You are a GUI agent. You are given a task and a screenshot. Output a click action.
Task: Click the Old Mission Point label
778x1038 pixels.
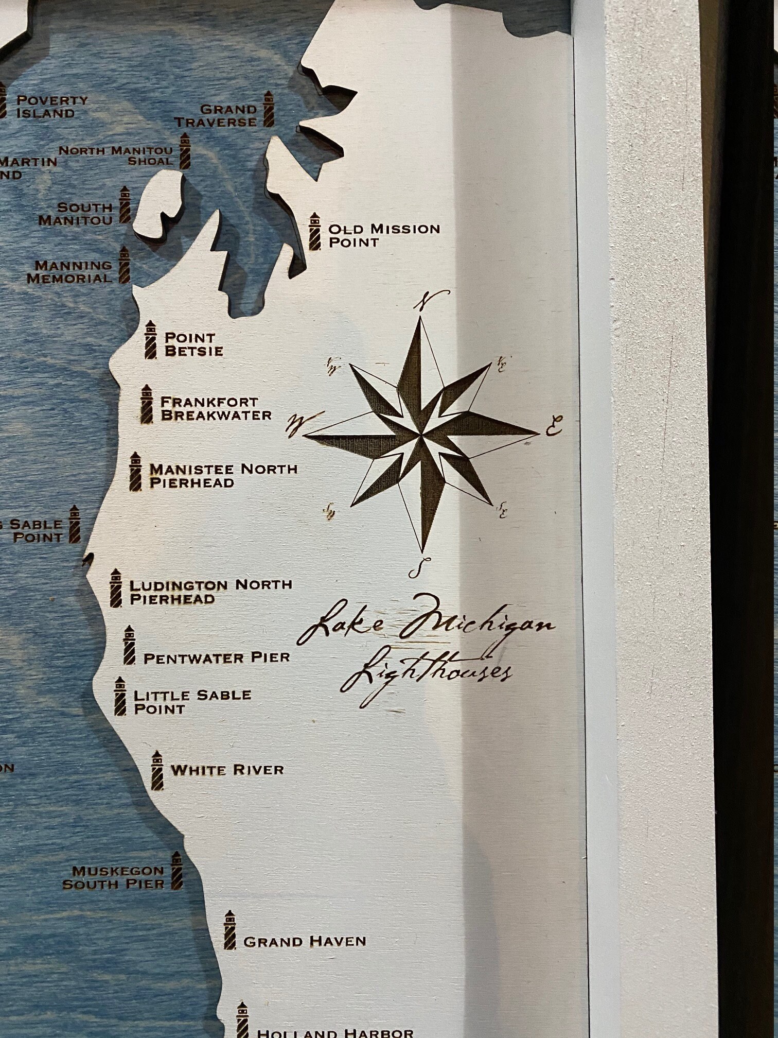click(x=384, y=235)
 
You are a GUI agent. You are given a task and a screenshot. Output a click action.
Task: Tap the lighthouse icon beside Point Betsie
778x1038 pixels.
click(x=150, y=339)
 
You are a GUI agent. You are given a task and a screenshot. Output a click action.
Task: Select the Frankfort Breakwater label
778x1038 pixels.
click(x=216, y=408)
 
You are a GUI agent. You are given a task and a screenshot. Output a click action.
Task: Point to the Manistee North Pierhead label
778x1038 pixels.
click(x=223, y=476)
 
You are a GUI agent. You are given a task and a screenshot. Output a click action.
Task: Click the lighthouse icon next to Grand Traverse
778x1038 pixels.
click(x=268, y=109)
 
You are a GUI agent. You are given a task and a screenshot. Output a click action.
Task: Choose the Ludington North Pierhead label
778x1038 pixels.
click(x=210, y=592)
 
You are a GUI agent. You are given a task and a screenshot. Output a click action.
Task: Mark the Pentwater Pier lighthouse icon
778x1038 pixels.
click(x=129, y=645)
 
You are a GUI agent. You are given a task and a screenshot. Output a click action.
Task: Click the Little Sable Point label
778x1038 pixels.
click(x=192, y=701)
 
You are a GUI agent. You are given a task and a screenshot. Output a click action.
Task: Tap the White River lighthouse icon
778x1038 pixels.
click(x=157, y=770)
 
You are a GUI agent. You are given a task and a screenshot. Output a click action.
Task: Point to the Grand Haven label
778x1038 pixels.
click(x=304, y=942)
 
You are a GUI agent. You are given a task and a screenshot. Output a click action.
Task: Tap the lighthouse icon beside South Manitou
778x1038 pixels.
click(x=124, y=204)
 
